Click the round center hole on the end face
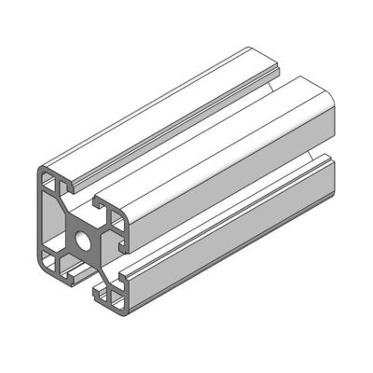click(x=84, y=238)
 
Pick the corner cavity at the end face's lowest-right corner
click(x=114, y=297)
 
